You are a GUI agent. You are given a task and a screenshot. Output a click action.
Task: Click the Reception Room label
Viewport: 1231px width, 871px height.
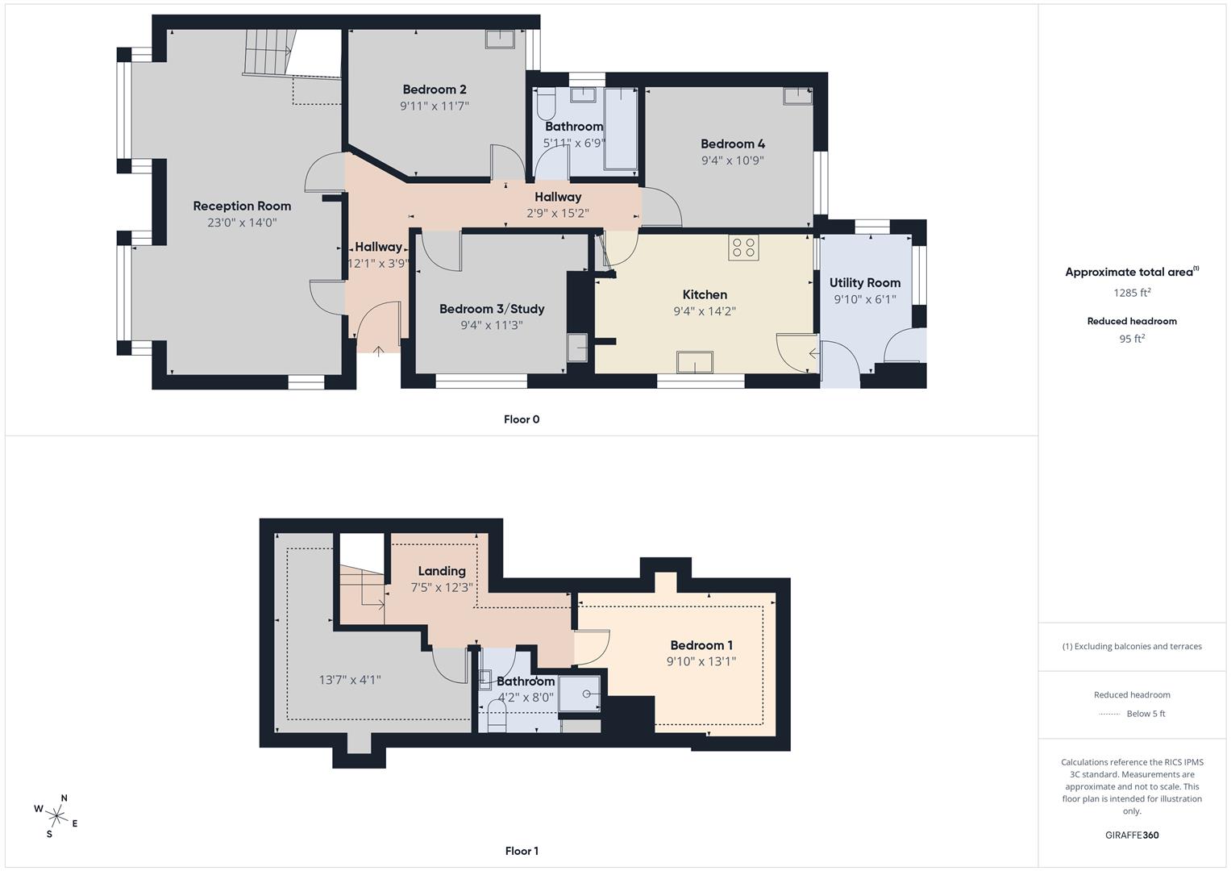point(242,206)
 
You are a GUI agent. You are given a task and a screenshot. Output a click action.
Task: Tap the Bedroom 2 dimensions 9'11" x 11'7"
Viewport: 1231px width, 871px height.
point(435,106)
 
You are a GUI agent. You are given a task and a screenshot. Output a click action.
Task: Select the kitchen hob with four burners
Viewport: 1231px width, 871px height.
point(743,247)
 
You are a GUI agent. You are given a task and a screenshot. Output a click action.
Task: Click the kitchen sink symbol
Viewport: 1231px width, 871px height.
point(694,362)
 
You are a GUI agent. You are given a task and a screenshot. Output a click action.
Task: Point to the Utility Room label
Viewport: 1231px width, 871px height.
point(864,283)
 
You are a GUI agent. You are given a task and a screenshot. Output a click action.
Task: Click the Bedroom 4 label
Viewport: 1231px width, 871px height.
point(732,144)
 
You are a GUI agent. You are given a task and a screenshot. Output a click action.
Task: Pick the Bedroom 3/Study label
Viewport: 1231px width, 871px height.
point(492,309)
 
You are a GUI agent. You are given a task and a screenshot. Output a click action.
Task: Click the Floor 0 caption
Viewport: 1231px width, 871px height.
point(522,419)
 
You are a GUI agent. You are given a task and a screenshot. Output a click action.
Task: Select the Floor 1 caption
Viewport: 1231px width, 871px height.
point(522,851)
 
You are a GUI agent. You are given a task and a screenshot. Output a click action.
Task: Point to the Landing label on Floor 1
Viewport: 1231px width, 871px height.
point(442,571)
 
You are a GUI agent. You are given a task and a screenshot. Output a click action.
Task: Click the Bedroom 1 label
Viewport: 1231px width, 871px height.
point(701,645)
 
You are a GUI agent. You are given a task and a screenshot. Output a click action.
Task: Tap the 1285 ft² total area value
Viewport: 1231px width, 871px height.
point(1132,293)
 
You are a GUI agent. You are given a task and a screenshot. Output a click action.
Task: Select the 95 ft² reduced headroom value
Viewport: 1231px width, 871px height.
point(1132,339)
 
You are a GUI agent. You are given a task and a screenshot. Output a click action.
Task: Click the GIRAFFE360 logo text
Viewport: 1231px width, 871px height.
point(1132,835)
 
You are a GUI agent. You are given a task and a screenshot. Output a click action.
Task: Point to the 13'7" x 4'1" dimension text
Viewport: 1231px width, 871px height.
point(350,680)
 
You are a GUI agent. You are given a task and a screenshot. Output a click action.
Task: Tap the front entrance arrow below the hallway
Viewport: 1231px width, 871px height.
point(380,348)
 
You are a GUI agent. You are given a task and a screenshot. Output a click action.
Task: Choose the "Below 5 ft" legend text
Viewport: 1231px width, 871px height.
point(1146,714)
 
